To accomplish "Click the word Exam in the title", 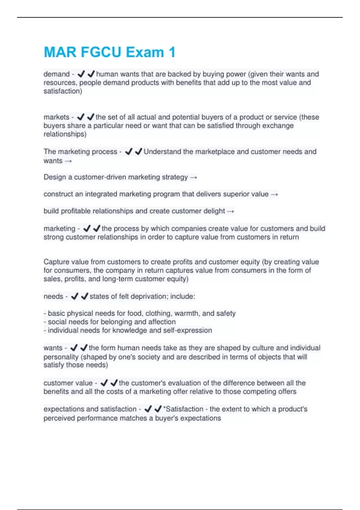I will pos(145,52).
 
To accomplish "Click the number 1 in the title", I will pos(172,52).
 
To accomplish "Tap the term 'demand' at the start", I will pos(56,74).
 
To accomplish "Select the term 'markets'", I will pos(56,117).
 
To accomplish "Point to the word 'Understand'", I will pos(162,151).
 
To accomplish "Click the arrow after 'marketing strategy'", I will pos(193,178).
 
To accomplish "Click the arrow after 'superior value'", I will pos(274,194).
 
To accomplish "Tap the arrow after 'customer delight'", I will pos(230,211).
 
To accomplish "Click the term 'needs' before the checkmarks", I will pos(53,296).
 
